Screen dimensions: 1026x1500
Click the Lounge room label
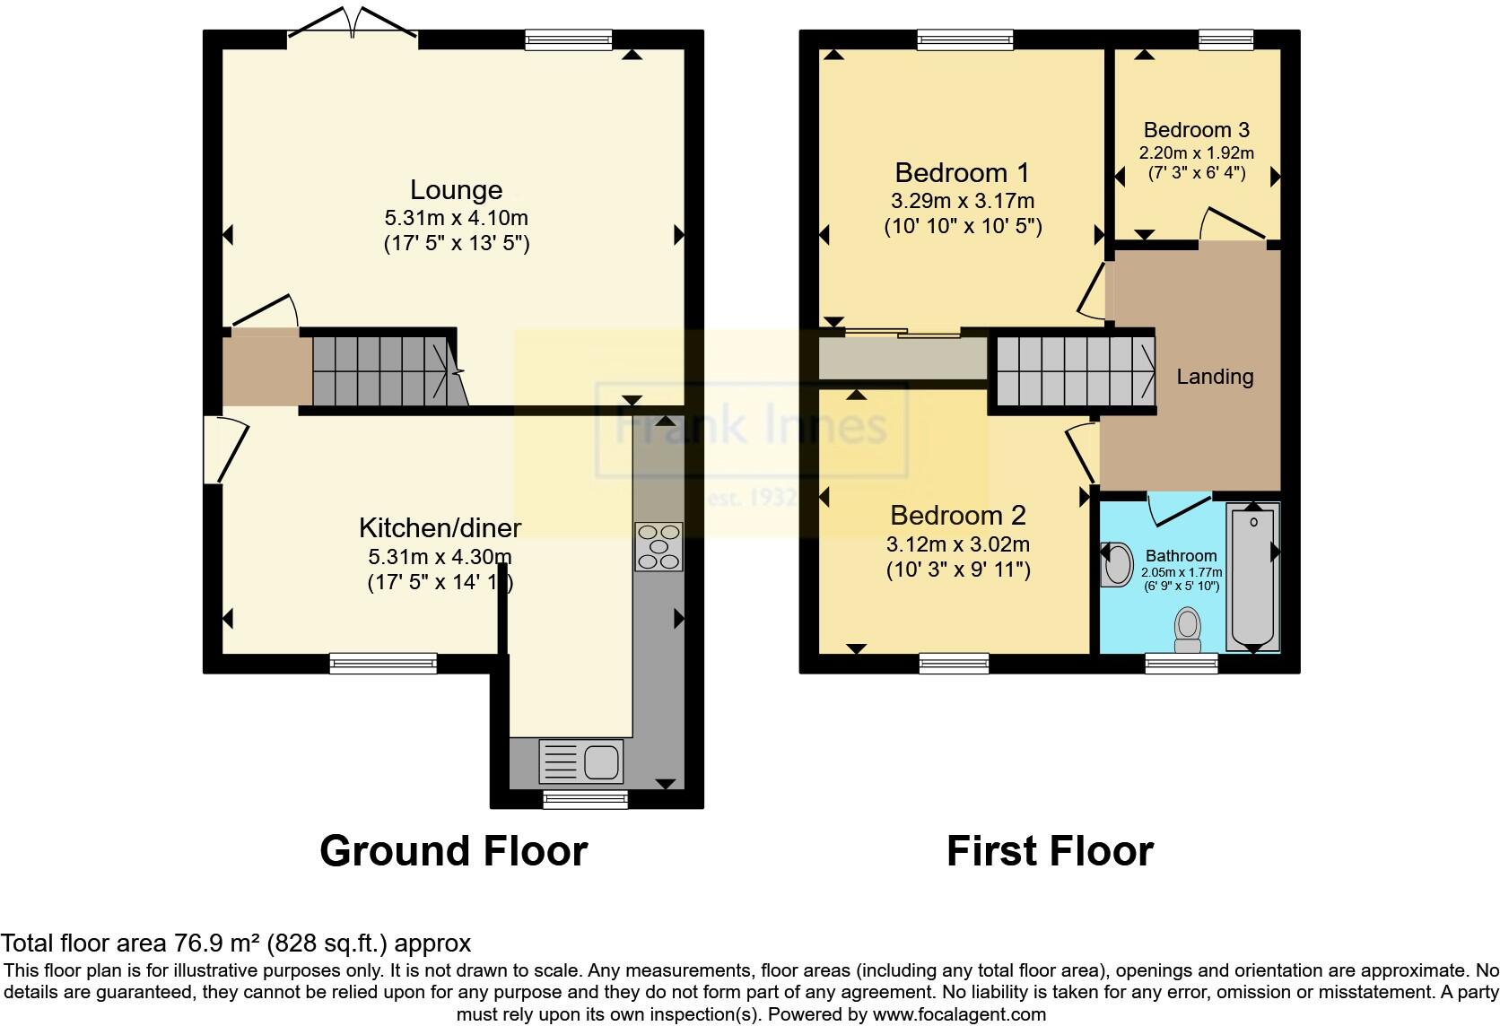(456, 190)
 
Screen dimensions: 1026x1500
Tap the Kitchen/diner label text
(440, 527)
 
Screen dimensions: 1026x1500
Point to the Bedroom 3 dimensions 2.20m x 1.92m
(1196, 153)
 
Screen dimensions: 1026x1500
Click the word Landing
(1215, 377)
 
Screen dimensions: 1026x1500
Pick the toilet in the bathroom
(1188, 630)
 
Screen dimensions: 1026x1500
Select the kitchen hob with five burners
(658, 546)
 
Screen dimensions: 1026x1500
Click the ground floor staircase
(386, 370)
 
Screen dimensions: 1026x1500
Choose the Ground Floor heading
(453, 851)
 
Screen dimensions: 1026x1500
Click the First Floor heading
(1050, 851)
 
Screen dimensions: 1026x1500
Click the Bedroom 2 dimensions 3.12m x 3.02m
(957, 543)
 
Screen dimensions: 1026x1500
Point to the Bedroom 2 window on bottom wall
(954, 664)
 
